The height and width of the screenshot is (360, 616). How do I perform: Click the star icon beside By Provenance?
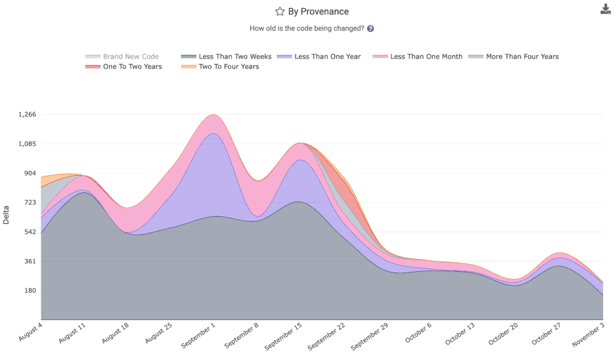click(280, 12)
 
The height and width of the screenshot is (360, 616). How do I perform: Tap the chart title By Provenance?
click(318, 12)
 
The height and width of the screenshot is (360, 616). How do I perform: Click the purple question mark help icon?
click(371, 28)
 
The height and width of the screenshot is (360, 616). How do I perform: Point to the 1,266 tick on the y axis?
click(28, 115)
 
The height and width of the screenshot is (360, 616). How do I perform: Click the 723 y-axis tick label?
click(30, 203)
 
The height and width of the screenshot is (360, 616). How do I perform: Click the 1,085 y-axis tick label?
click(28, 144)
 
